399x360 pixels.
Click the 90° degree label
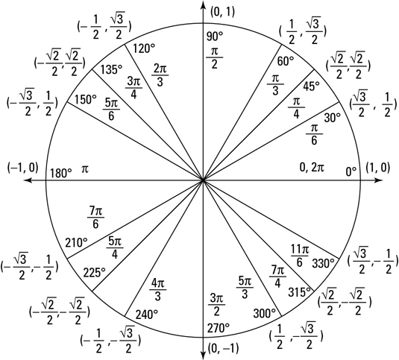(x=215, y=37)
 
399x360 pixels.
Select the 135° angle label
(x=111, y=69)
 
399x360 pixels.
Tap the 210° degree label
(x=76, y=242)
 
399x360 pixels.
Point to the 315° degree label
(x=300, y=292)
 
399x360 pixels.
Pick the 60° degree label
(x=285, y=61)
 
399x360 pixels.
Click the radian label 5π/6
(x=111, y=110)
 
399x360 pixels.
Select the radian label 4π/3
(x=158, y=290)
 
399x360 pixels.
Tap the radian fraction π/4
(x=296, y=108)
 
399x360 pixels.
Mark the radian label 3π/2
(x=216, y=305)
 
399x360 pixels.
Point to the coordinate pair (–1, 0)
(x=23, y=168)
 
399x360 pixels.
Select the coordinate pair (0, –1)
(x=224, y=348)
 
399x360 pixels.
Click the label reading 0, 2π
(x=312, y=168)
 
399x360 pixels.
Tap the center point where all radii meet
(x=203, y=180)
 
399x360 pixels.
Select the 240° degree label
(x=147, y=315)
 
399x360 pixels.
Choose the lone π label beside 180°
(x=85, y=169)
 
